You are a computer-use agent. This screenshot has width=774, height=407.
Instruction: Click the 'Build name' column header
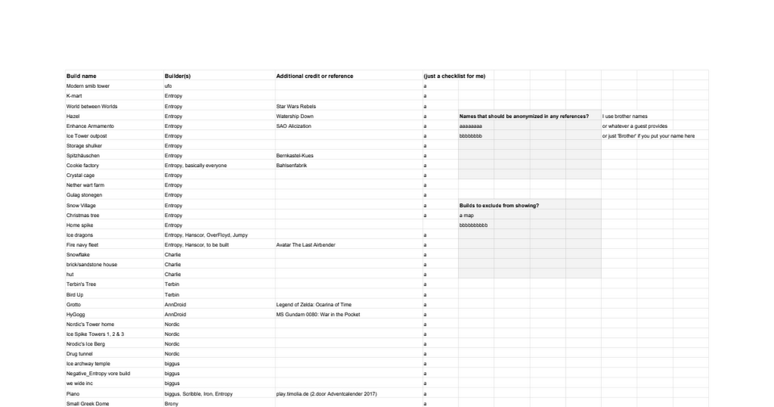point(81,76)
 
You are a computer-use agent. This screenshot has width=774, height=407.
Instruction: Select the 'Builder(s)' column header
point(177,76)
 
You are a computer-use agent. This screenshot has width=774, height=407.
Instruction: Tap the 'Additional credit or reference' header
point(315,76)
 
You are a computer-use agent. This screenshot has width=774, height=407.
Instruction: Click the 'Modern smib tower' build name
point(88,86)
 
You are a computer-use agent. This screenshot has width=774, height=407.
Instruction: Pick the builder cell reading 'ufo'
point(168,86)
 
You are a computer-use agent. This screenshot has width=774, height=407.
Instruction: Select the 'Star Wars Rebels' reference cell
point(296,106)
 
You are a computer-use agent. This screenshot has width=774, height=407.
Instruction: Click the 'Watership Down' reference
point(294,116)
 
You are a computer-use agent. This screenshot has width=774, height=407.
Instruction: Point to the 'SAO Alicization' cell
point(293,126)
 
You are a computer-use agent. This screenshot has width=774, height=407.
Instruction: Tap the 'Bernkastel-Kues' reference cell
point(295,156)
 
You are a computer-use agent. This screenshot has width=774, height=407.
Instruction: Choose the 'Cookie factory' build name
point(83,165)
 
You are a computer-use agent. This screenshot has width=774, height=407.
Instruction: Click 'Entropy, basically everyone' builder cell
point(195,165)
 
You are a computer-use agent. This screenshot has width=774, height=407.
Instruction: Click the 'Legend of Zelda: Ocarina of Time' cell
point(313,304)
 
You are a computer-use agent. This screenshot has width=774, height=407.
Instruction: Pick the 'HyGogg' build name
point(75,315)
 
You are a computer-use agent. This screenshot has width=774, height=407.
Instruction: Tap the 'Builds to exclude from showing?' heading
point(499,205)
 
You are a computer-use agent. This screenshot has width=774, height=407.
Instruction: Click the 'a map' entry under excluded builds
point(466,215)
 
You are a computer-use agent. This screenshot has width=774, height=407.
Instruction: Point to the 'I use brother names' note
point(625,116)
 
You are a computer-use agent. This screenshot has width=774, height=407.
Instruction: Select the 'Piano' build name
point(73,393)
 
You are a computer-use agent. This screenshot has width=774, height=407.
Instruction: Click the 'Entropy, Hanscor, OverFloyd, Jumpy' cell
point(206,235)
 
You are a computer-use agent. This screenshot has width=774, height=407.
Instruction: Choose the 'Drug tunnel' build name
point(79,354)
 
